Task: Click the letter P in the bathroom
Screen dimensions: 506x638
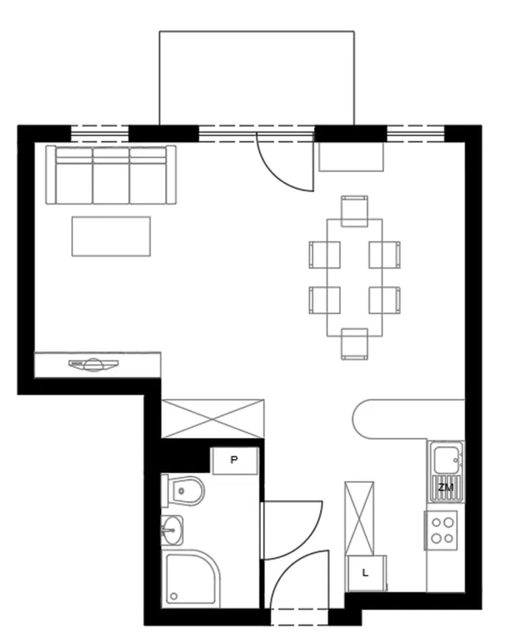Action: (x=234, y=460)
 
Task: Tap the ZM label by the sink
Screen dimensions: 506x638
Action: (x=445, y=487)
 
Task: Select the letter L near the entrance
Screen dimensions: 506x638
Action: (x=365, y=573)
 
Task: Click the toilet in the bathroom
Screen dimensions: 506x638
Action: (x=183, y=490)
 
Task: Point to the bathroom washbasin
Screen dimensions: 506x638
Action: (x=172, y=530)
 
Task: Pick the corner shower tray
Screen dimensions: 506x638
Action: (x=191, y=578)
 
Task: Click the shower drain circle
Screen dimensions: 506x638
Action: (x=174, y=597)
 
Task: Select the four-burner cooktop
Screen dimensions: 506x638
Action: (x=442, y=530)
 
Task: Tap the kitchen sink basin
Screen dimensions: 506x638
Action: (x=446, y=460)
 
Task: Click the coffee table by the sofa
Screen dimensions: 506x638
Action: (x=111, y=236)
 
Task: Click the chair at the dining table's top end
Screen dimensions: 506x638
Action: (x=354, y=211)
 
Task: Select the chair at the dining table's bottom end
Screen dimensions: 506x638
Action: (x=354, y=344)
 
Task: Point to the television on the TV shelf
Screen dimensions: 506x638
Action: (x=94, y=364)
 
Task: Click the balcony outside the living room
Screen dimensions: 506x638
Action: (x=256, y=78)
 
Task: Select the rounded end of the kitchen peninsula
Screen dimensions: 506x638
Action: (x=361, y=419)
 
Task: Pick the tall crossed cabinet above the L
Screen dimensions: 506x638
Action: (x=359, y=518)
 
